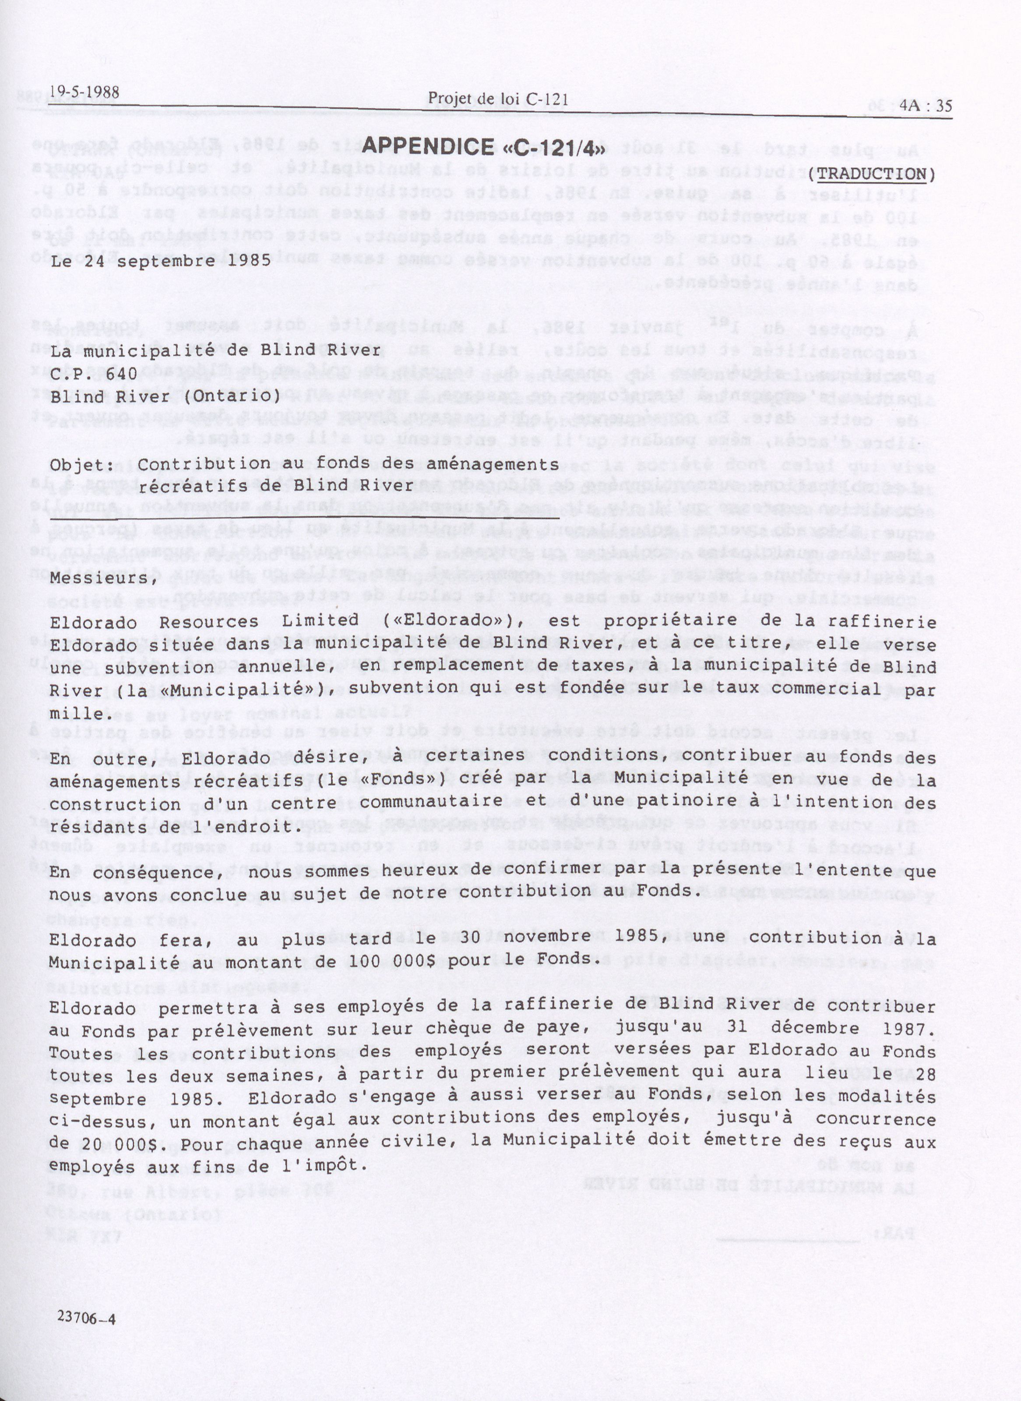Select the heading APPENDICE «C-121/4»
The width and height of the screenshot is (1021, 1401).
tap(482, 146)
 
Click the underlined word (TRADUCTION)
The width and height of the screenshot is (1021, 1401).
tap(871, 174)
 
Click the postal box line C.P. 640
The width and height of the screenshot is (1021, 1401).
tap(90, 373)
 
